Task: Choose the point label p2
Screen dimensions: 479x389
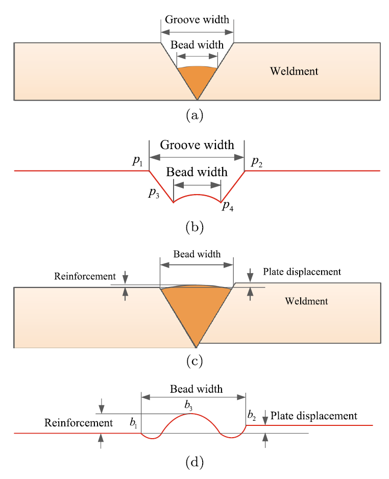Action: point(255,162)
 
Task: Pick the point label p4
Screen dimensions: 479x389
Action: point(228,206)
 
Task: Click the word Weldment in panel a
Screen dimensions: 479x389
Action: point(294,71)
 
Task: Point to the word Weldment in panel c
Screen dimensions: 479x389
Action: point(306,301)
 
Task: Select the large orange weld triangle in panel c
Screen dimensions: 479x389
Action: point(197,312)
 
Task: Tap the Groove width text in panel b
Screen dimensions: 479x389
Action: point(197,145)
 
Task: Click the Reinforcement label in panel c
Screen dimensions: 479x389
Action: point(85,276)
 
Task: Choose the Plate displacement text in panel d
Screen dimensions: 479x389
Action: point(314,416)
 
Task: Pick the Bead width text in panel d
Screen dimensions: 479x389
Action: point(197,389)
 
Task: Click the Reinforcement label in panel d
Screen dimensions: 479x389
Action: point(79,423)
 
